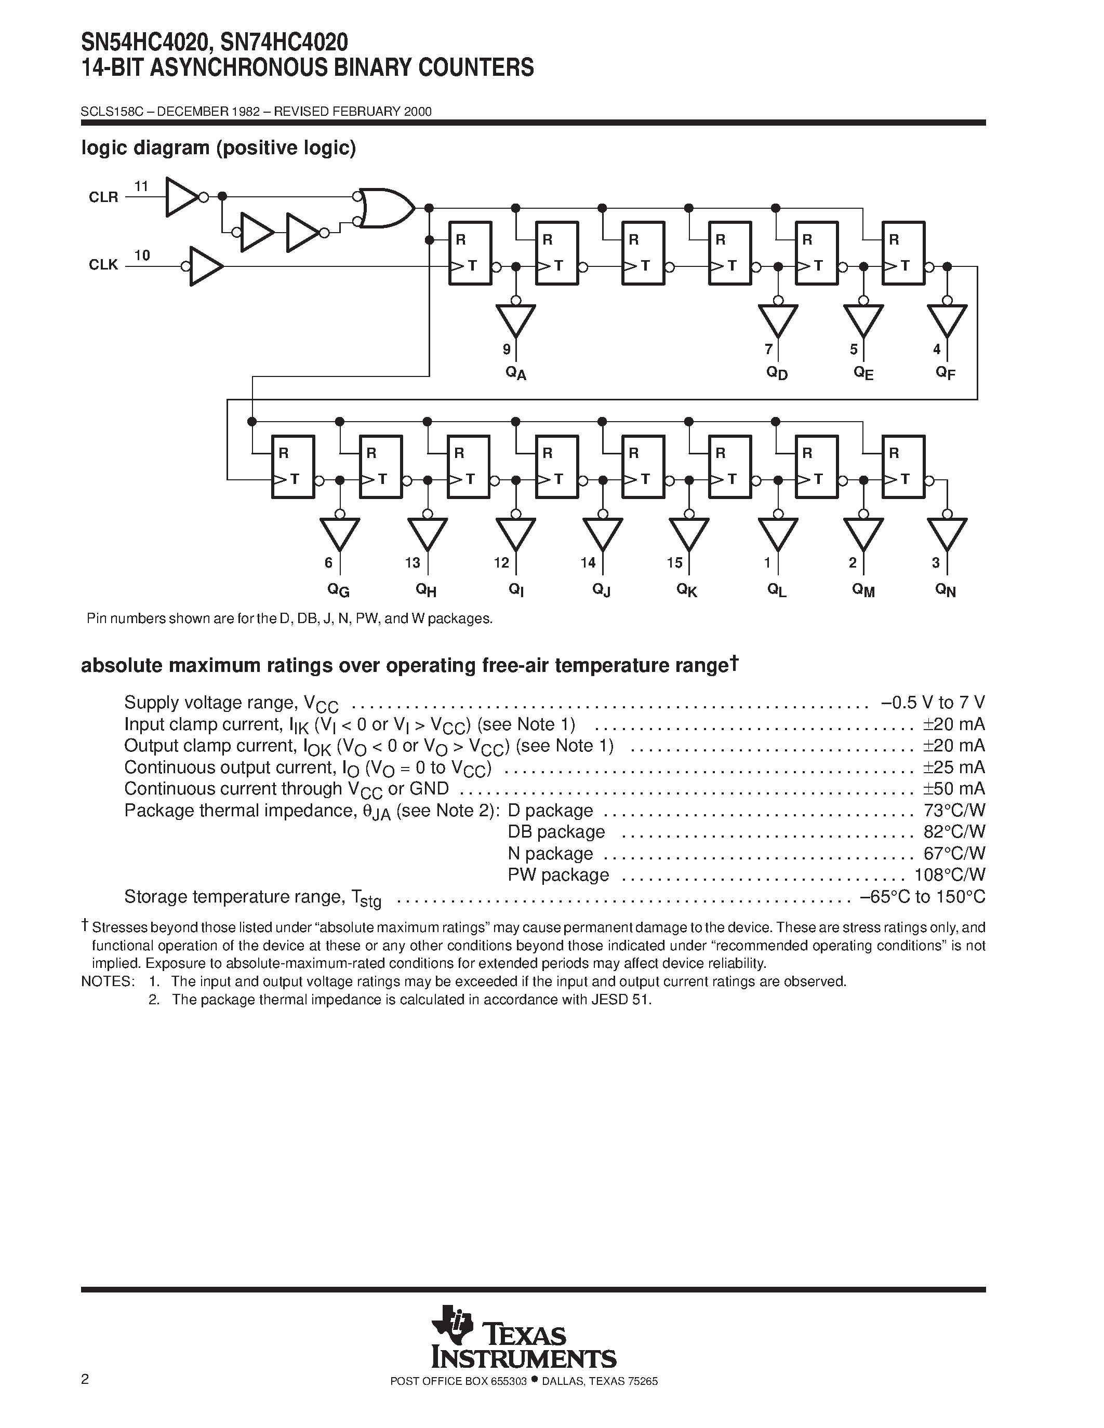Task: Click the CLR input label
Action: (103, 197)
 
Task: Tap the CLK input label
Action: (103, 265)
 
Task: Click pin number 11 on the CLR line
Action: (141, 186)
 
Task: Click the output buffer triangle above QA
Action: (515, 320)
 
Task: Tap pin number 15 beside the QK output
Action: (674, 562)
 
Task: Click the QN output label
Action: (946, 590)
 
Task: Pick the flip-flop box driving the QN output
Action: (903, 466)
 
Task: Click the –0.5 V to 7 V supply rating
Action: (933, 703)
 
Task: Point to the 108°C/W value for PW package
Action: (950, 875)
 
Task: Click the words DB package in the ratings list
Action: (556, 832)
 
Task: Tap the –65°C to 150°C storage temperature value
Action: (922, 896)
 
